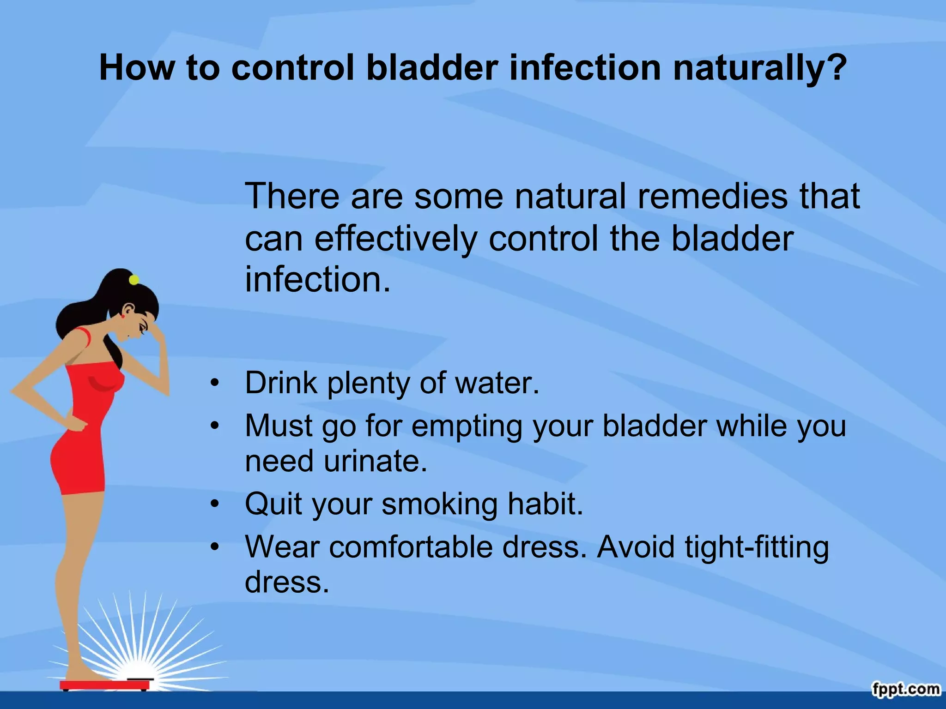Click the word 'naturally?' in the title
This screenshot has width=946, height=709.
pos(759,68)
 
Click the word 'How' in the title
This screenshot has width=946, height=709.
pos(137,68)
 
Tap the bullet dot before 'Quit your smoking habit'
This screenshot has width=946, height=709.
pos(214,504)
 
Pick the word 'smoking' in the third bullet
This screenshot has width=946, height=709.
pos(439,504)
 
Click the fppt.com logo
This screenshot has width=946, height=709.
pos(906,689)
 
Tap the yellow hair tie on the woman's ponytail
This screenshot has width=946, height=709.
pos(134,279)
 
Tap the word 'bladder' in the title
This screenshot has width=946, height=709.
pos(432,68)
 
